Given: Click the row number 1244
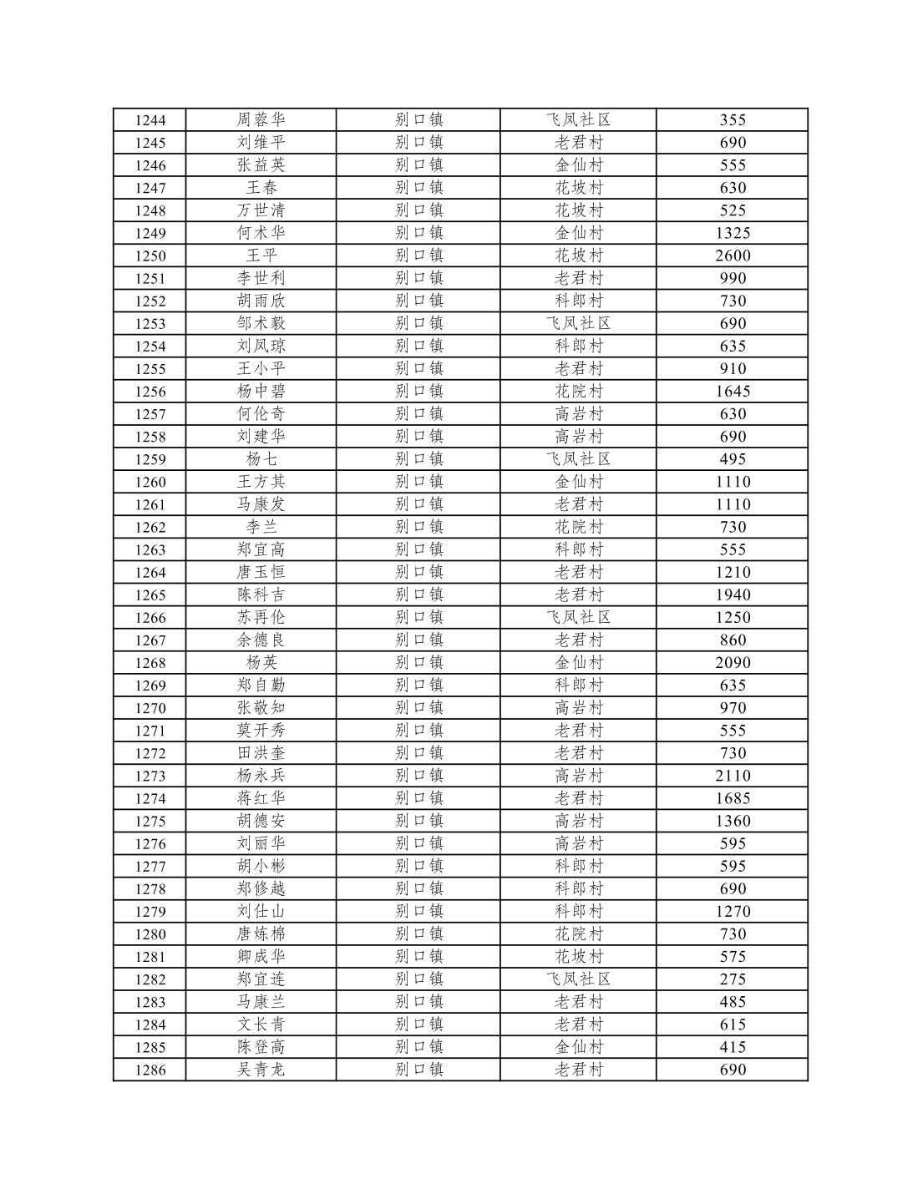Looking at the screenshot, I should [x=150, y=120].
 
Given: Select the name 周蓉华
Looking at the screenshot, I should [x=261, y=120].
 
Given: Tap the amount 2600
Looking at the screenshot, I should [x=733, y=255].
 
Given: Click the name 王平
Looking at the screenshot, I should [x=261, y=255].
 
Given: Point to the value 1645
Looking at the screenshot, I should [x=733, y=391].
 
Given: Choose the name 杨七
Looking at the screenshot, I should [x=261, y=458].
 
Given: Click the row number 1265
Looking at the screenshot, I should [x=150, y=594].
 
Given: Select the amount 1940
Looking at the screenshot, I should [x=733, y=594].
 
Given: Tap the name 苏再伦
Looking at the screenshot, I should [x=261, y=617].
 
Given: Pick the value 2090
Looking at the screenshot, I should [x=733, y=662].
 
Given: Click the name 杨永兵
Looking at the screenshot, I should [x=261, y=775].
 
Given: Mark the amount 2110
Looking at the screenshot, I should [x=733, y=775].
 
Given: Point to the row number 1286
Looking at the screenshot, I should [x=150, y=1070].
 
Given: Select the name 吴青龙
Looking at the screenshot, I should [x=261, y=1070].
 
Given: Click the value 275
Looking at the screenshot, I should [x=733, y=979].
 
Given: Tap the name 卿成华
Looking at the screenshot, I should [x=261, y=956].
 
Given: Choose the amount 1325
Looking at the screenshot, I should [x=733, y=233].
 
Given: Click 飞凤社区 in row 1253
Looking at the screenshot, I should [x=578, y=323].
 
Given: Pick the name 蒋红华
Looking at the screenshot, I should [x=261, y=797].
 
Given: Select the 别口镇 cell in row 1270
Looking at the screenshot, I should [x=418, y=707].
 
